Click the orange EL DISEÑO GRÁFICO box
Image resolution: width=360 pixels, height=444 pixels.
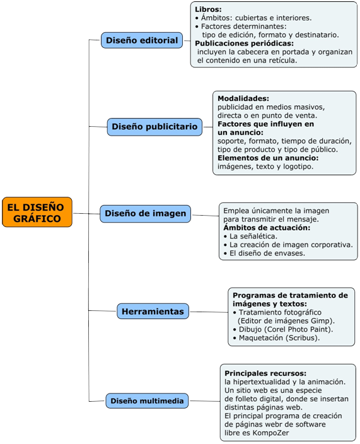37,212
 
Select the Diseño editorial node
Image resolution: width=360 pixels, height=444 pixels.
142,40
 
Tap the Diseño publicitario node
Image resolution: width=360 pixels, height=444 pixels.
154,127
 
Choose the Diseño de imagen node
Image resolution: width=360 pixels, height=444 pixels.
146,213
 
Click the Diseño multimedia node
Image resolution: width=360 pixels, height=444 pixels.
148,400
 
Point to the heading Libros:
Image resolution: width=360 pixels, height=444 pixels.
209,9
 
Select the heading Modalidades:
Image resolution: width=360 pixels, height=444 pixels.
243,98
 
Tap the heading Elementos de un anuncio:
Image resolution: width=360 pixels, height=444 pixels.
268,158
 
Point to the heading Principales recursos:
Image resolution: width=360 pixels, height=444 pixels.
265,373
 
